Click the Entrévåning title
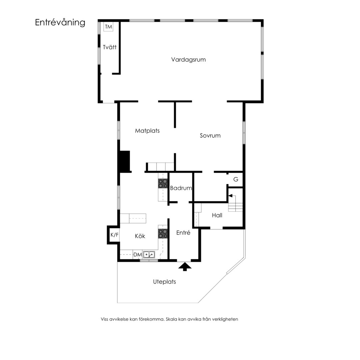click(60, 23)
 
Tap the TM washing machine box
click(108, 27)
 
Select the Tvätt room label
click(110, 47)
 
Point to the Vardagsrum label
click(188, 60)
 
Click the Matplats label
click(147, 131)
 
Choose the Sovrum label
click(210, 136)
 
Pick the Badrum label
click(181, 188)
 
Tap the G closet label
click(236, 179)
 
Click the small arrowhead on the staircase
click(230, 196)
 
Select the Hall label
click(217, 215)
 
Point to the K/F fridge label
click(115, 235)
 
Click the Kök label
click(140, 236)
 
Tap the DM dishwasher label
click(138, 255)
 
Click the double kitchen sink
click(149, 255)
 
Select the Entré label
click(183, 233)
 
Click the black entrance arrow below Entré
click(185, 267)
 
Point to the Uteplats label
click(164, 282)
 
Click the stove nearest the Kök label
click(163, 233)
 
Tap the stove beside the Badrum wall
click(163, 184)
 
